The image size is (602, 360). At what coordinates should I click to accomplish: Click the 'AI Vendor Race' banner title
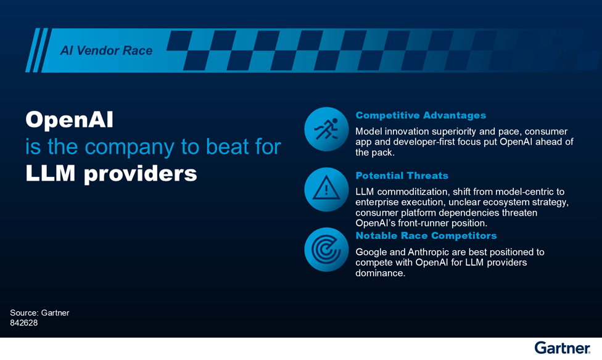pos(106,51)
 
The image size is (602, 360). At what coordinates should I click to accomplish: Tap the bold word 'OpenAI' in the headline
pos(69,120)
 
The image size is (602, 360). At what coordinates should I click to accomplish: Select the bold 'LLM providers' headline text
pos(111,173)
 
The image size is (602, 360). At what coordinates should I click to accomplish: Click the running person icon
pos(327,129)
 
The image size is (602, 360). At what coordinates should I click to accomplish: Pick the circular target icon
pos(327,250)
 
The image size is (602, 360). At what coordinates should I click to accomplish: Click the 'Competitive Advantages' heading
pos(421,115)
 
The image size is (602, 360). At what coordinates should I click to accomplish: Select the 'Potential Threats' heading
pos(402,176)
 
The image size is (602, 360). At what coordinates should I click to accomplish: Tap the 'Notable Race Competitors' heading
pos(426,235)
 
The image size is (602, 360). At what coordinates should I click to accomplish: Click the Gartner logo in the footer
pos(562,348)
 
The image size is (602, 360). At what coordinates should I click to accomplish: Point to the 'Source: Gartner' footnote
pos(39,313)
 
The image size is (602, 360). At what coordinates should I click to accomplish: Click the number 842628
pos(24,322)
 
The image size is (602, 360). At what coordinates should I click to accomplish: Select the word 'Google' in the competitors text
pos(371,252)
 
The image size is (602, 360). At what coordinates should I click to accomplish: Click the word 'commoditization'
pos(413,192)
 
